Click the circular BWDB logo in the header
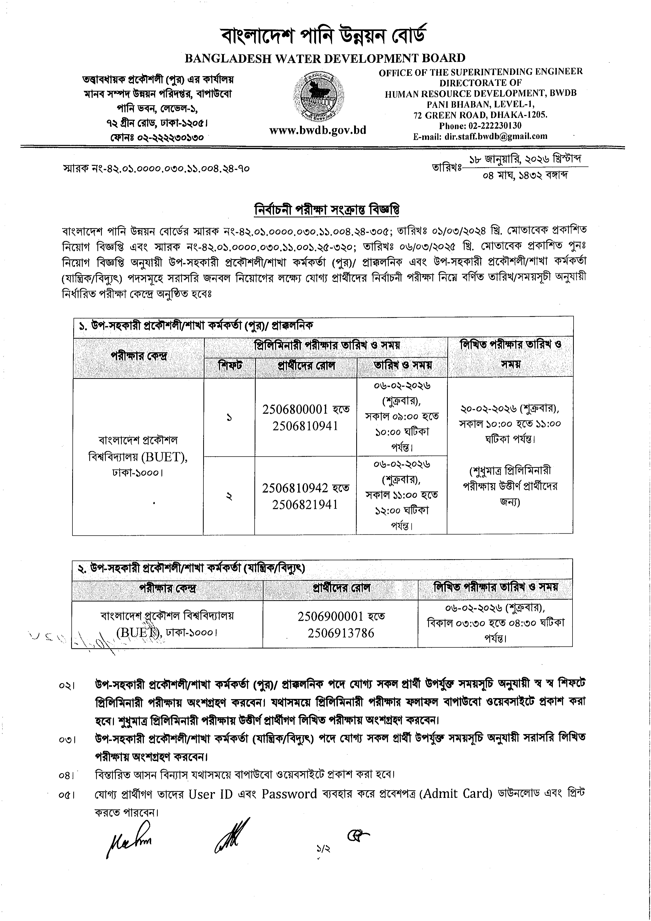[x=319, y=96]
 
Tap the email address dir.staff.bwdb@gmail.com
[x=496, y=136]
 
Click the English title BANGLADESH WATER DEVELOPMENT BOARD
[x=325, y=58]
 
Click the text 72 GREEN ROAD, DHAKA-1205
[x=481, y=115]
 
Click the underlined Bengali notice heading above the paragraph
[x=327, y=210]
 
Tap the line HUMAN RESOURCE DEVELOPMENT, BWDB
[x=481, y=93]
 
